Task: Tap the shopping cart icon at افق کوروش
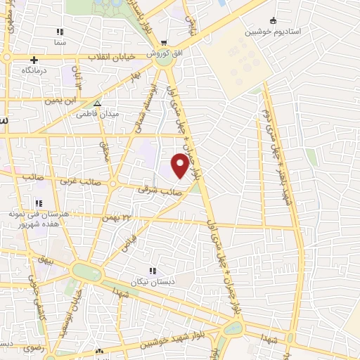pos(163,41)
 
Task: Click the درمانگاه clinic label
pos(34,71)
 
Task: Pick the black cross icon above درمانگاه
pos(34,60)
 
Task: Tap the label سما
pos(60,43)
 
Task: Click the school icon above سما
pos(60,32)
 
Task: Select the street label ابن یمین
pos(60,101)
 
